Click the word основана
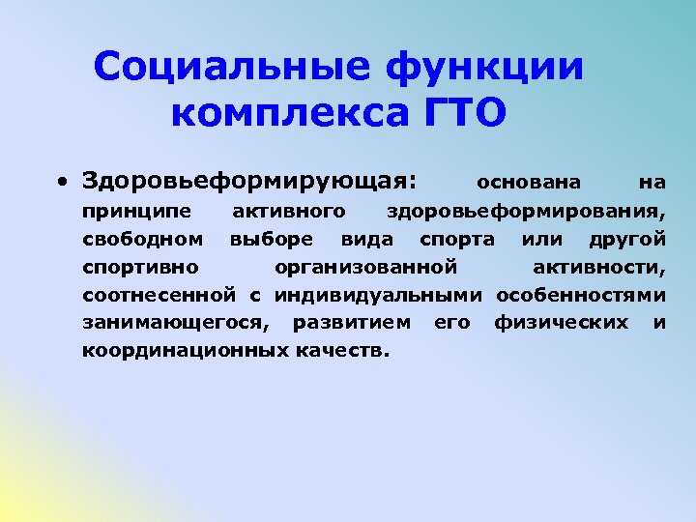click(529, 182)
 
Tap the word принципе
click(136, 210)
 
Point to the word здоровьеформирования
click(526, 210)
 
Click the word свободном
click(142, 238)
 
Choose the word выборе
click(271, 238)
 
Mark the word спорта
click(456, 238)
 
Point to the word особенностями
click(581, 294)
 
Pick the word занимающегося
click(176, 322)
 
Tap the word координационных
click(184, 350)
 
